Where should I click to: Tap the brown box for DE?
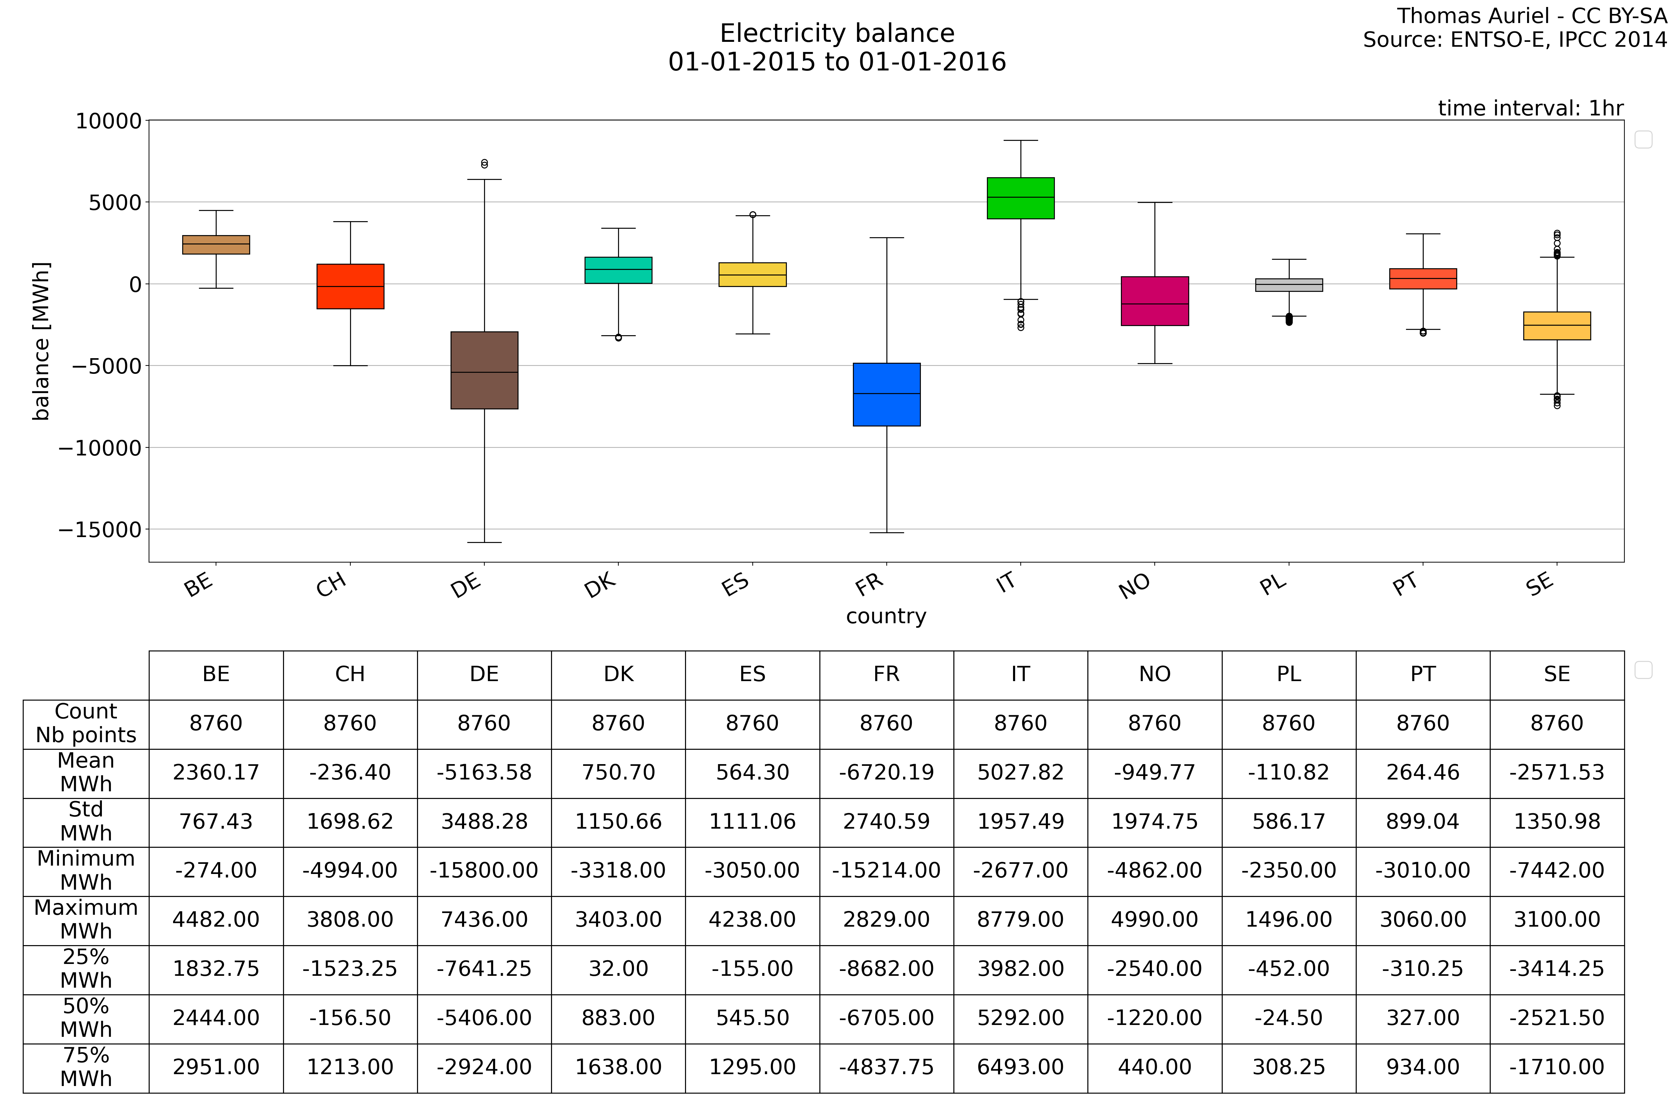tap(484, 370)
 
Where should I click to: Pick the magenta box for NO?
tap(1154, 301)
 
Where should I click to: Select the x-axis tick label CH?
tap(332, 585)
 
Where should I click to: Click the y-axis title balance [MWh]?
tap(41, 342)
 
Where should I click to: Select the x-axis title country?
tap(886, 616)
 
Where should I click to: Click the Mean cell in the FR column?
tap(887, 772)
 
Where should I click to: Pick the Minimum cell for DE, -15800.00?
tap(484, 870)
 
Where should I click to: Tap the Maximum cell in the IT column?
tap(1020, 920)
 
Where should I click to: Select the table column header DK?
tap(618, 674)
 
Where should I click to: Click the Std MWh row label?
tap(86, 821)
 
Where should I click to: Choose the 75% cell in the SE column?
tap(1557, 1067)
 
